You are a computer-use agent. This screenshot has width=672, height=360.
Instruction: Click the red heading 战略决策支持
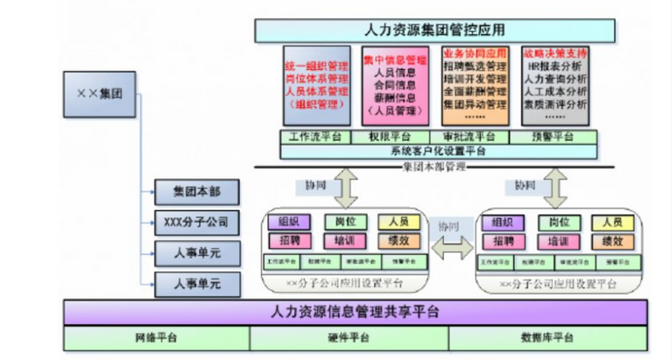(x=554, y=53)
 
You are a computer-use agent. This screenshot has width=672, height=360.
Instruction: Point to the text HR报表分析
(x=554, y=66)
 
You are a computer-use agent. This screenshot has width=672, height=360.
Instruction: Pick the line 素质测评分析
(x=554, y=104)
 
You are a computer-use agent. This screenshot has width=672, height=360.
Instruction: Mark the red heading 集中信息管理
(x=396, y=60)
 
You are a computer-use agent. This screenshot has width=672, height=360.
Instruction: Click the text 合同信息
(x=396, y=85)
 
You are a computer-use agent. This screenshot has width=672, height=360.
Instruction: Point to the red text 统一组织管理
(x=316, y=66)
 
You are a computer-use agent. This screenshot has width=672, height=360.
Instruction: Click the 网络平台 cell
(x=156, y=338)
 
